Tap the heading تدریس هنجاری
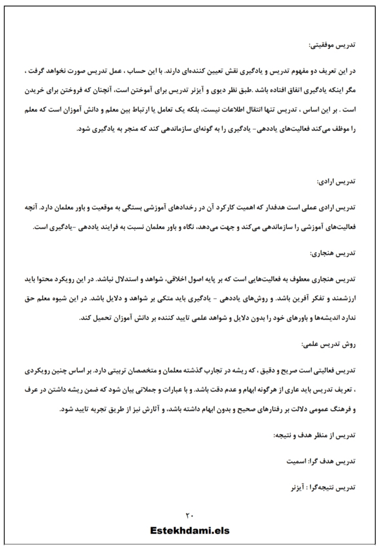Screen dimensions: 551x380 click(333, 253)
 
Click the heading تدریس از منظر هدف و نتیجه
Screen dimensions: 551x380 click(314, 435)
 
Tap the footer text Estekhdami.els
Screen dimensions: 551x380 click(190, 531)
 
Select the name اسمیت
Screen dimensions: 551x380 click(297, 461)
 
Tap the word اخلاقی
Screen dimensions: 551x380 click(178, 279)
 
